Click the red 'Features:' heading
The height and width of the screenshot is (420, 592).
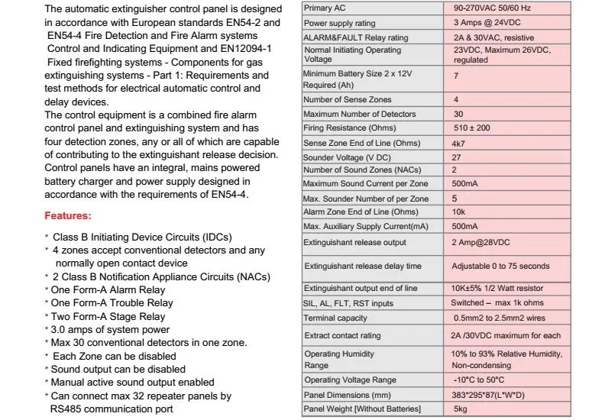68,216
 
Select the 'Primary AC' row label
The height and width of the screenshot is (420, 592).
324,8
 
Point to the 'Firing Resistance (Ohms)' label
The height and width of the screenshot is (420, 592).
349,128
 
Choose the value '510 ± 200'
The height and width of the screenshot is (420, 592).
471,128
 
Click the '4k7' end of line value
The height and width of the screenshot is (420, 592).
459,143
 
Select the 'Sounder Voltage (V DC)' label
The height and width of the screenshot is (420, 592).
345,157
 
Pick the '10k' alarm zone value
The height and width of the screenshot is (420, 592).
459,212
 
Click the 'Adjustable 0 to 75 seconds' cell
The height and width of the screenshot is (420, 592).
500,266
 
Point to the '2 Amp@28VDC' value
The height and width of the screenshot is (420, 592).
480,242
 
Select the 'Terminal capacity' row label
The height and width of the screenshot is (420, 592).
335,318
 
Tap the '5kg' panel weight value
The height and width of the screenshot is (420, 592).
461,410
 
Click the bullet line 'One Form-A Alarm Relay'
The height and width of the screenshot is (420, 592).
108,290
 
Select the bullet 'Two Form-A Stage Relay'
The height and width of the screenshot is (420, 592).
108,316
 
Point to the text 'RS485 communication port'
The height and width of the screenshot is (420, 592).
112,409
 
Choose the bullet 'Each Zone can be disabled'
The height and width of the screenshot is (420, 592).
115,356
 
